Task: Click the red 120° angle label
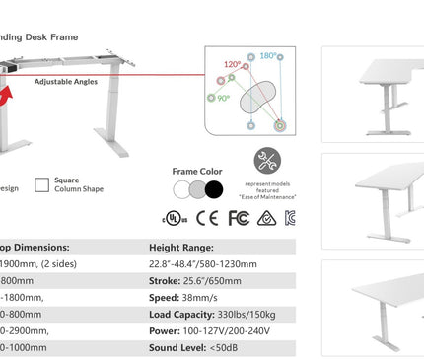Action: point(232,64)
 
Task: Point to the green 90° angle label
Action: point(224,98)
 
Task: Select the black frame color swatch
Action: point(214,188)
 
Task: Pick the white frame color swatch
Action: point(181,188)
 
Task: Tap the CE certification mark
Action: point(206,217)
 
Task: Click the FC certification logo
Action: point(238,217)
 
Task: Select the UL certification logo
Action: point(175,217)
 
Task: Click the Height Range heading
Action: point(182,248)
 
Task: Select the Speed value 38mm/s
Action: point(207,297)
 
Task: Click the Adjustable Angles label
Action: point(66,82)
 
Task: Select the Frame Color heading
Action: point(197,171)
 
